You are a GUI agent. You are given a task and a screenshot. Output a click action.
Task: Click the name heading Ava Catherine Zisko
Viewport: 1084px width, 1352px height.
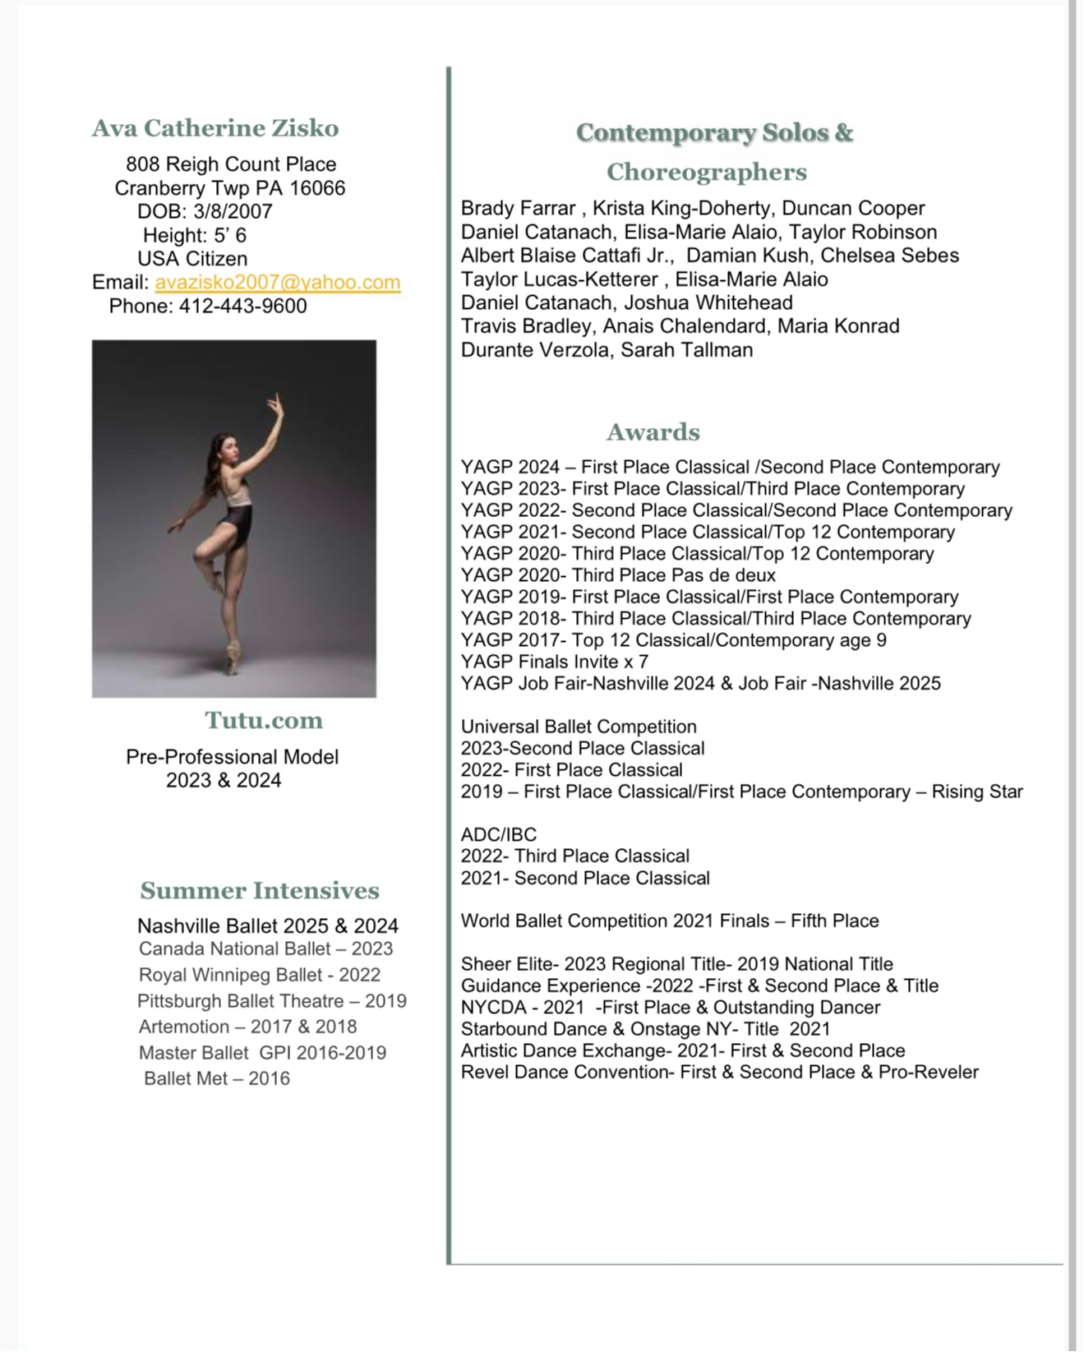pyautogui.click(x=215, y=128)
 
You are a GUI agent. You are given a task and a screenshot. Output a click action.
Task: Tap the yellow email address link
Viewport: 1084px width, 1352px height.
pyautogui.click(x=278, y=282)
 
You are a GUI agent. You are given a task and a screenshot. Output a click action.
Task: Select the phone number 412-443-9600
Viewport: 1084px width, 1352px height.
pyautogui.click(x=243, y=306)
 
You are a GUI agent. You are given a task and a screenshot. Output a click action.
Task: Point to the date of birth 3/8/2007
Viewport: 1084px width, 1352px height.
pyautogui.click(x=233, y=211)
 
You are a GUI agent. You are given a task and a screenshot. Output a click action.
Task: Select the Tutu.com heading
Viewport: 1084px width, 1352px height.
pyautogui.click(x=264, y=721)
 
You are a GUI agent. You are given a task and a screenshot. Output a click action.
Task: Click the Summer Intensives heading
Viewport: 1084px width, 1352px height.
pyautogui.click(x=260, y=891)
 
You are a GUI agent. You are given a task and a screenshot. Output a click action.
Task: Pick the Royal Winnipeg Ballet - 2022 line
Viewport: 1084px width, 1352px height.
pyautogui.click(x=260, y=975)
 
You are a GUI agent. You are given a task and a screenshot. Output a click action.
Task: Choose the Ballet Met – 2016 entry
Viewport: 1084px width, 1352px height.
pyautogui.click(x=217, y=1078)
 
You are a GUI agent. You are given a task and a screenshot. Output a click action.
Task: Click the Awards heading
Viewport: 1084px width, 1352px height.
pyautogui.click(x=653, y=432)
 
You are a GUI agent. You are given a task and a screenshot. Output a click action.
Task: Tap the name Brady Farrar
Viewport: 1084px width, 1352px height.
pyautogui.click(x=518, y=209)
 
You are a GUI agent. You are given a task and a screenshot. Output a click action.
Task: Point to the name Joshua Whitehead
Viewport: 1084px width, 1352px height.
pyautogui.click(x=708, y=302)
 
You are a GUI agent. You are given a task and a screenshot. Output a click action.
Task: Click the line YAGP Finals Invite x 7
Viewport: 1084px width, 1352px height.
pyautogui.click(x=555, y=662)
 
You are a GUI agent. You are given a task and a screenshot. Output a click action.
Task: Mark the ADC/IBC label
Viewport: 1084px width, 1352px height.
pyautogui.click(x=499, y=835)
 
